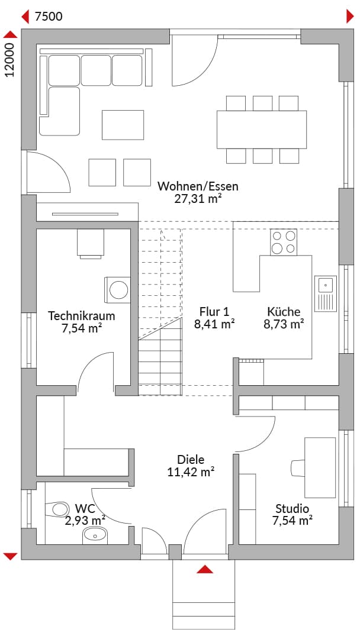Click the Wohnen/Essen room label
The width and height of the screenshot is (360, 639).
(x=198, y=186)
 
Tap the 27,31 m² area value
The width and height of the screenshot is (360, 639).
(x=198, y=198)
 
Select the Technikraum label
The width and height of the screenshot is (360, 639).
(x=82, y=316)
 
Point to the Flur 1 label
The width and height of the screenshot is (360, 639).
(x=214, y=312)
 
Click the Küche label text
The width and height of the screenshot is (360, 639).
(x=284, y=312)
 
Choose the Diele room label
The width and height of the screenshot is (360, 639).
(x=191, y=460)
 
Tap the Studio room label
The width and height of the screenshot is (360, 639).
(x=292, y=509)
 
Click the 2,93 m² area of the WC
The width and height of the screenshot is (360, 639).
(x=85, y=521)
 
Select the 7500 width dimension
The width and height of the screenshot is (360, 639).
(x=49, y=17)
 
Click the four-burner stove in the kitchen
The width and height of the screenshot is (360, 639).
(x=284, y=242)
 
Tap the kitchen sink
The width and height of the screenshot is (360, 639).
(x=325, y=293)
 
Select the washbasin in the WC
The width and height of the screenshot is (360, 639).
(x=95, y=535)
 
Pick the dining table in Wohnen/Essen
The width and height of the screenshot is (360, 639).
(x=261, y=130)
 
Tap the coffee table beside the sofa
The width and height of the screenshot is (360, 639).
(x=123, y=125)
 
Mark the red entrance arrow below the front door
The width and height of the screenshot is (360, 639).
(x=205, y=569)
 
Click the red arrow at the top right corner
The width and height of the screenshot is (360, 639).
(x=350, y=17)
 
